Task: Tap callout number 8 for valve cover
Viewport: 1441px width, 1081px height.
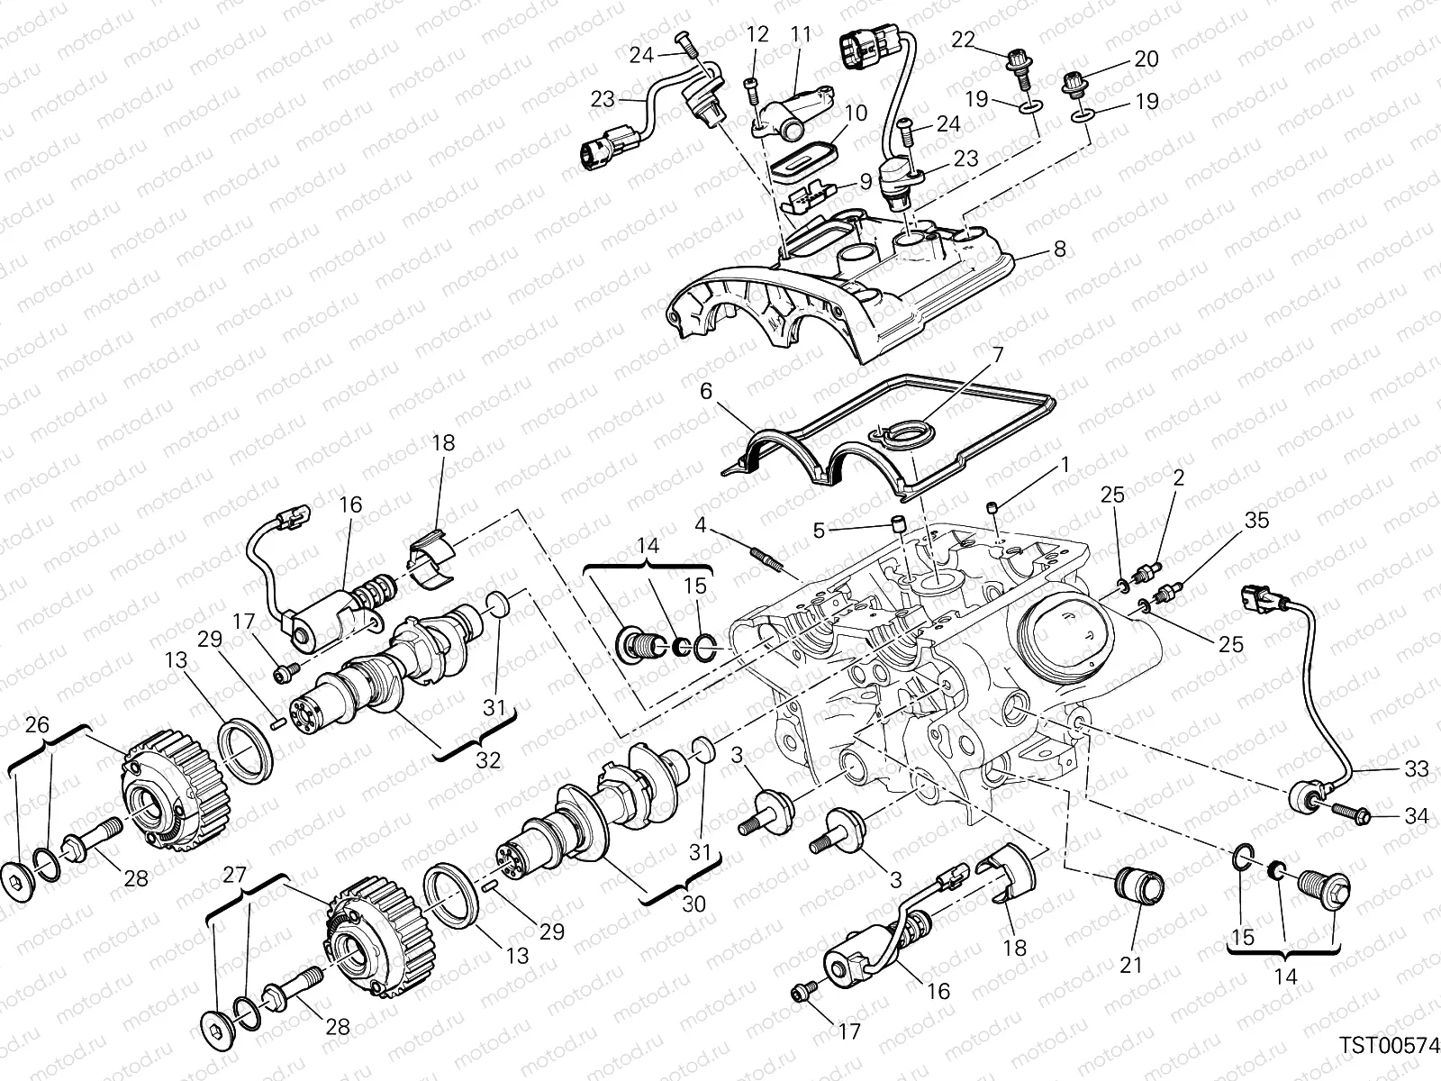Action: click(x=1059, y=249)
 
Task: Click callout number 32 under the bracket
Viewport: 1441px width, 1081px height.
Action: click(x=487, y=759)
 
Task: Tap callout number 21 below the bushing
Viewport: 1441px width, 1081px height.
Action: click(x=1130, y=965)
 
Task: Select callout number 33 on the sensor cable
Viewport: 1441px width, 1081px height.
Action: click(x=1417, y=770)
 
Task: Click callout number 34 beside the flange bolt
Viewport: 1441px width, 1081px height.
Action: click(x=1417, y=817)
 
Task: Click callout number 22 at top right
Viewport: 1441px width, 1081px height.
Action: click(x=963, y=39)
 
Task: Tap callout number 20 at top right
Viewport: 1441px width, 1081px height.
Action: click(x=1146, y=59)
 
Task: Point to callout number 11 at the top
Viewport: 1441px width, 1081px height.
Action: click(x=801, y=35)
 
